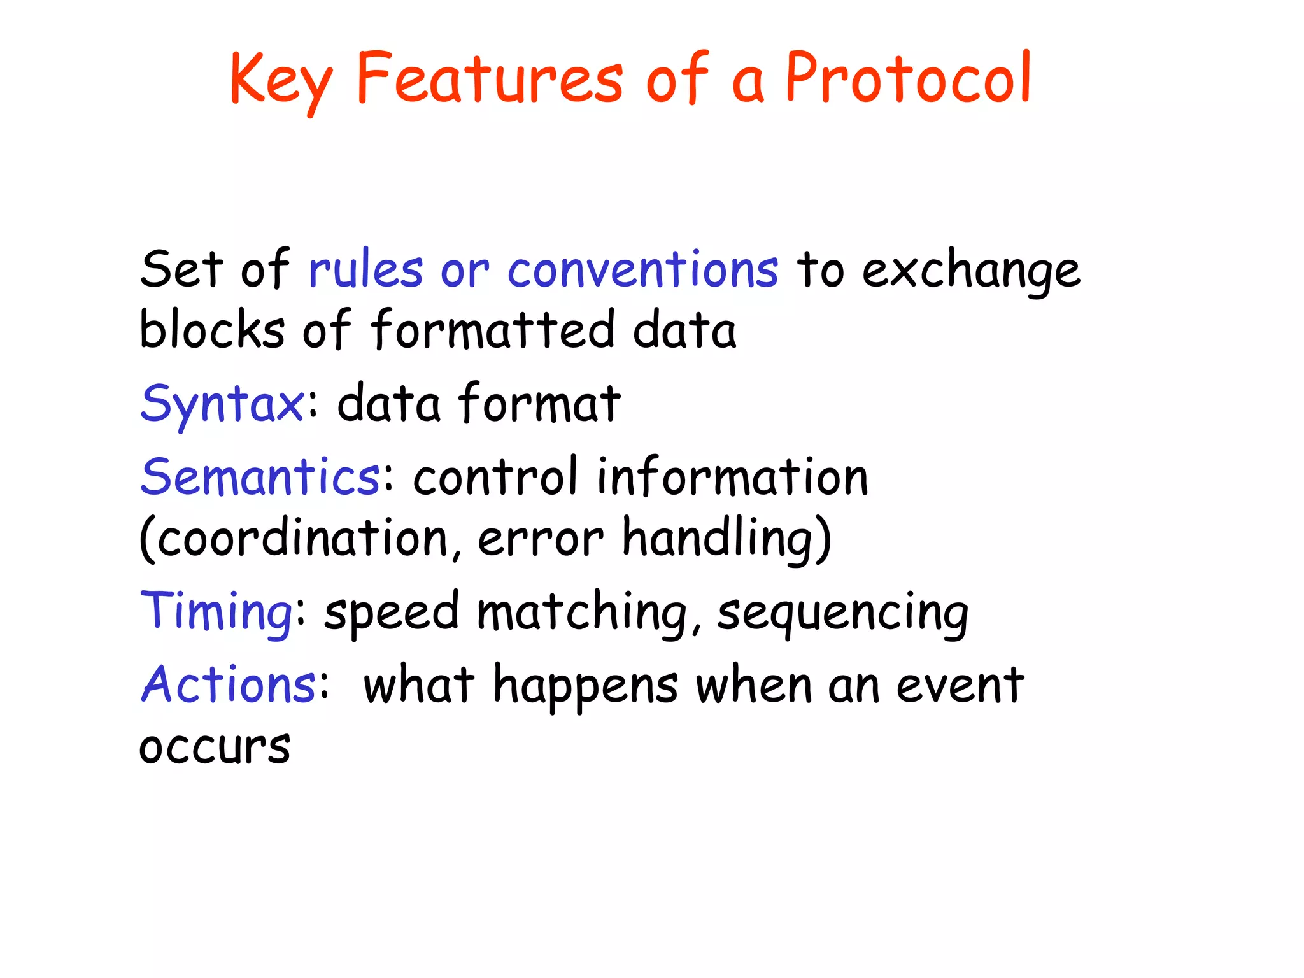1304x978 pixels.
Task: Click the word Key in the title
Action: coord(280,80)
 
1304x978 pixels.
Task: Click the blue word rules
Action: coord(365,270)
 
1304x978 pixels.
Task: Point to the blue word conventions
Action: coord(642,270)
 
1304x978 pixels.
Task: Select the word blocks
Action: coord(212,329)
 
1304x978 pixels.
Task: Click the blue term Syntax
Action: coord(222,404)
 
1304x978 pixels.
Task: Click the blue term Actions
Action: coord(228,684)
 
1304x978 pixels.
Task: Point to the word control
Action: coord(495,477)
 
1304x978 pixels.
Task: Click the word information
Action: coord(732,477)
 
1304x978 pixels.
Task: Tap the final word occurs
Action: coord(215,747)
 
